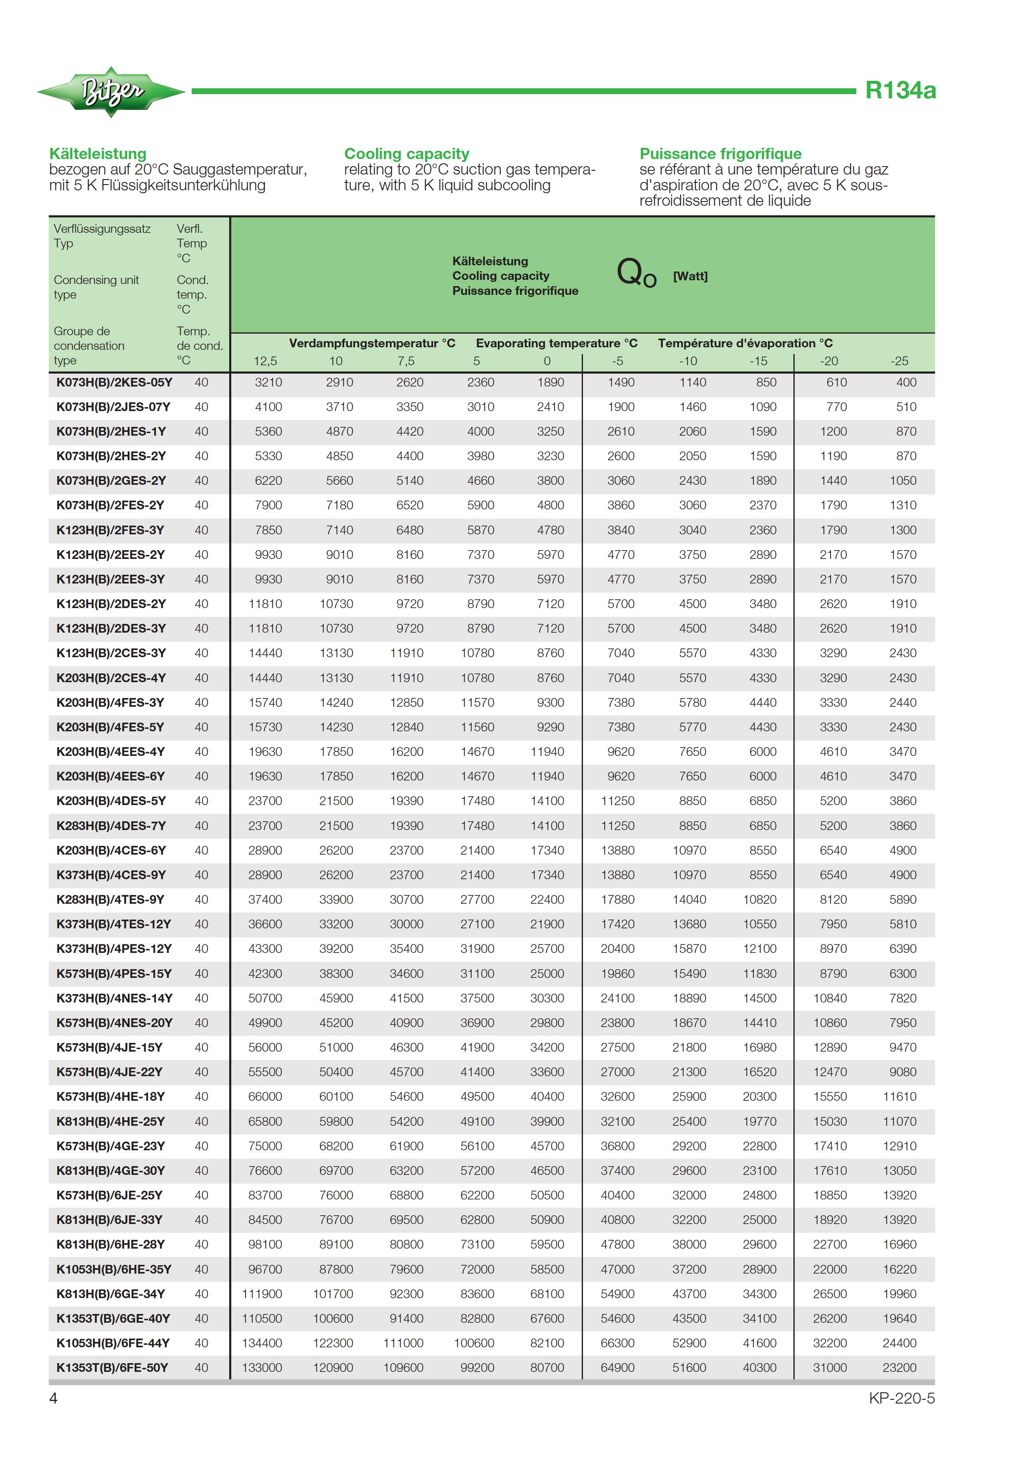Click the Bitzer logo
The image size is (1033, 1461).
tap(111, 92)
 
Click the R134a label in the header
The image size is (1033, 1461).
tap(900, 90)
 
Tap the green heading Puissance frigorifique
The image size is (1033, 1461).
tap(720, 154)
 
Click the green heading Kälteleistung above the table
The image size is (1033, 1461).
tap(98, 154)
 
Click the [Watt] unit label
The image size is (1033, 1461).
tap(690, 276)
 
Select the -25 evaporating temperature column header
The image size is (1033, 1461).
tap(899, 361)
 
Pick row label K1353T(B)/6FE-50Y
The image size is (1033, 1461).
tap(112, 1367)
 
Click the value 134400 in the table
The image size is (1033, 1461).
tap(262, 1343)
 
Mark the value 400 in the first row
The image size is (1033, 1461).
tap(906, 382)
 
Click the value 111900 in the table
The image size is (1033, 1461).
tap(262, 1294)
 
